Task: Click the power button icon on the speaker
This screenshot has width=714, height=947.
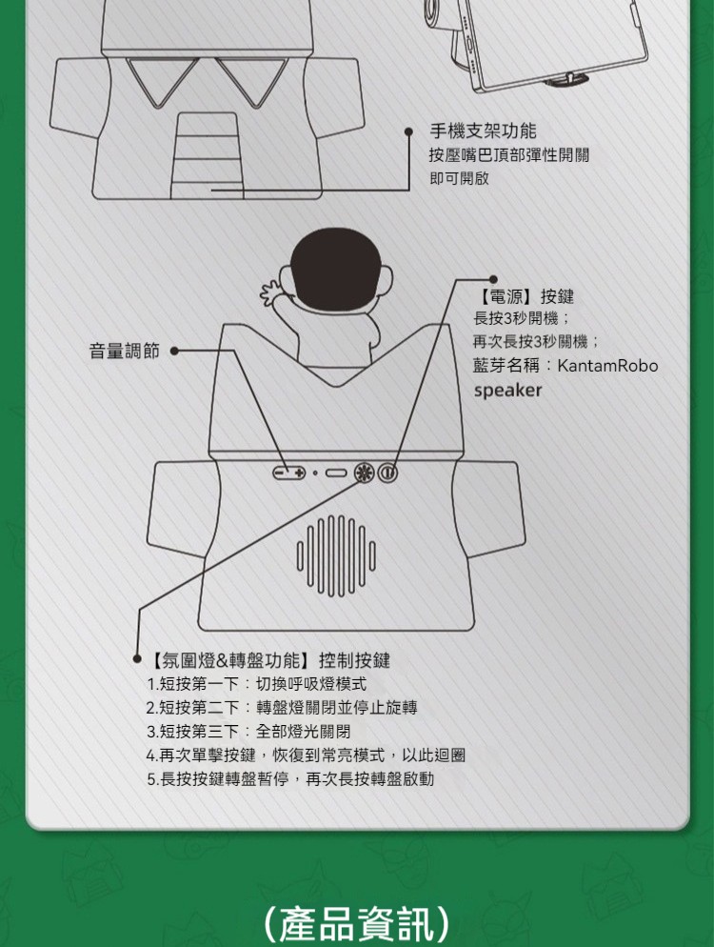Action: click(x=387, y=473)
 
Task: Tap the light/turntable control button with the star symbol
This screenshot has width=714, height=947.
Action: click(x=364, y=473)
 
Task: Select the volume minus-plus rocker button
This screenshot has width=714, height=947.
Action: click(x=289, y=473)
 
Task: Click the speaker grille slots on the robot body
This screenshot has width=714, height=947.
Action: click(x=336, y=555)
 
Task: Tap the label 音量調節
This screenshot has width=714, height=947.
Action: click(x=125, y=351)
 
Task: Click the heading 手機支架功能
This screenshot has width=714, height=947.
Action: click(x=483, y=131)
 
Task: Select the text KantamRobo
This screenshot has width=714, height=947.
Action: click(x=607, y=366)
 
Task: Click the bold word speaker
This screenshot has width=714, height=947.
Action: click(x=507, y=391)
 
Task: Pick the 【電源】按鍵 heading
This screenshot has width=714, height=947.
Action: click(x=524, y=296)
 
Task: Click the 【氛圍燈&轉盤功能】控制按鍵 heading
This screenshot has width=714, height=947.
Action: click(x=268, y=661)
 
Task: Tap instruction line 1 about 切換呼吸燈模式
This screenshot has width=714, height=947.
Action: click(x=256, y=684)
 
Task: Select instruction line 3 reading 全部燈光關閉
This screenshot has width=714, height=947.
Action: click(x=248, y=732)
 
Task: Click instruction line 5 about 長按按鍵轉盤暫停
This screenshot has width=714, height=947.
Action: click(x=290, y=779)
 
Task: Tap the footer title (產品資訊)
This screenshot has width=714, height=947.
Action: click(x=357, y=923)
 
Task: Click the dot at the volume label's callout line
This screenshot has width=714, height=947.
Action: click(x=174, y=351)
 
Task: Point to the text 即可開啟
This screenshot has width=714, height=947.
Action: click(x=459, y=178)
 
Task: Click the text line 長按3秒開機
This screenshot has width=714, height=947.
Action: click(x=522, y=318)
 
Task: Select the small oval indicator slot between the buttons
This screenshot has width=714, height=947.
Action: click(x=336, y=473)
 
